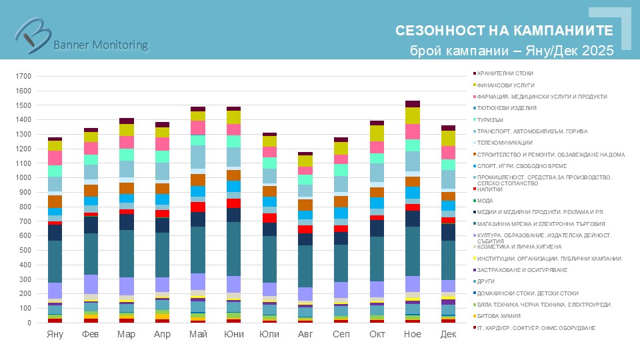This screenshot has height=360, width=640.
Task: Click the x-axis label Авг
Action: [305, 333]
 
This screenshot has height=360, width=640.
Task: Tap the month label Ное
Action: [412, 333]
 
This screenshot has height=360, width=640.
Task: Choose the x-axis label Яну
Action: [55, 333]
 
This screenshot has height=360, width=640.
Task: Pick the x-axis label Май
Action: [197, 333]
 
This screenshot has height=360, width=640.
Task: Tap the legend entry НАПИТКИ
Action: [490, 189]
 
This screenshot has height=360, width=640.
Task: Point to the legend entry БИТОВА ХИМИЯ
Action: [496, 316]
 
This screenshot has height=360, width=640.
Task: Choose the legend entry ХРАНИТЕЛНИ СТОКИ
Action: [505, 73]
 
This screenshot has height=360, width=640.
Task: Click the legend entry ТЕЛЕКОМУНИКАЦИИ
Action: [505, 143]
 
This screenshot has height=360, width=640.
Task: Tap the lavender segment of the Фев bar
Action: [91, 284]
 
